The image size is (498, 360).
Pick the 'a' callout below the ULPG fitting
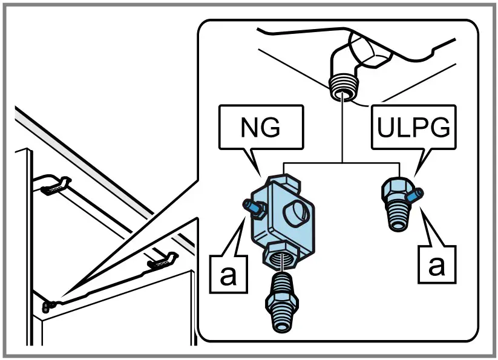pyautogui.click(x=436, y=264)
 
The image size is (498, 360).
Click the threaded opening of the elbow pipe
pyautogui.click(x=342, y=91)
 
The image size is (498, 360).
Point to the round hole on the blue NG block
pyautogui.click(x=297, y=212)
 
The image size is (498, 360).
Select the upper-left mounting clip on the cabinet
pyautogui.click(x=54, y=184)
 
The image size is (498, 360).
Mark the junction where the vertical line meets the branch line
pyautogui.click(x=342, y=163)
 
